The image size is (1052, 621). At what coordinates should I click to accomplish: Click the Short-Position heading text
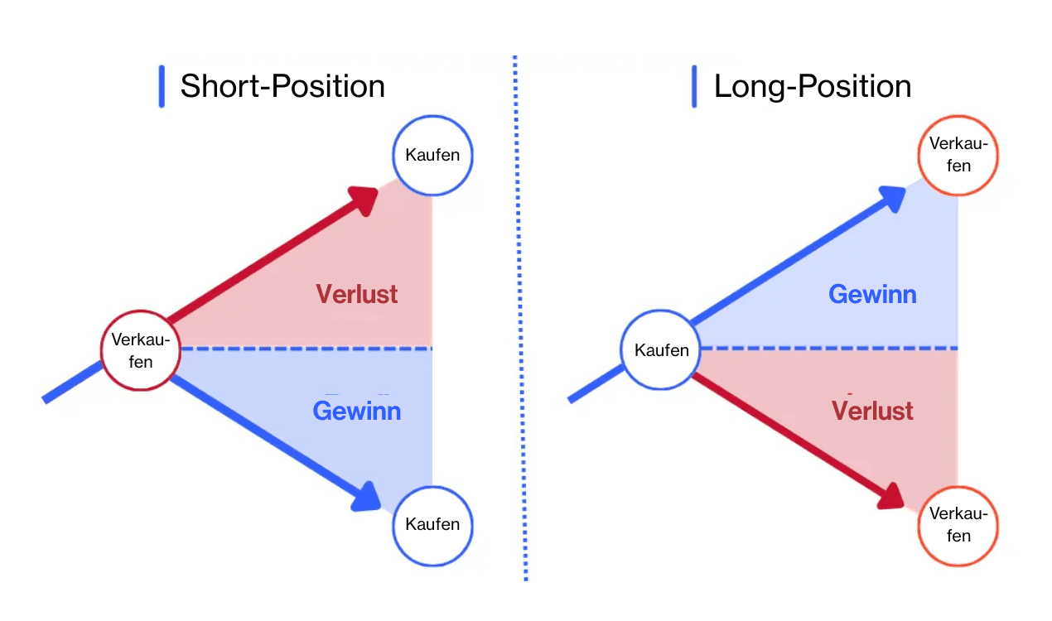click(282, 86)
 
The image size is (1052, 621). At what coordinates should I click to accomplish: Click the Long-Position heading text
click(812, 86)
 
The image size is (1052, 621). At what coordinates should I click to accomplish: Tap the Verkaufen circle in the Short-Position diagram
click(140, 350)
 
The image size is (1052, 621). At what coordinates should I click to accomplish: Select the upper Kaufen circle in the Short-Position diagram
click(432, 155)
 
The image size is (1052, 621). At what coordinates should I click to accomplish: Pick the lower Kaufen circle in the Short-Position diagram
click(432, 524)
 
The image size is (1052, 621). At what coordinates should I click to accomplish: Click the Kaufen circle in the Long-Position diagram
click(661, 350)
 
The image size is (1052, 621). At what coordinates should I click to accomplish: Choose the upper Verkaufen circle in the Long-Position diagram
click(958, 155)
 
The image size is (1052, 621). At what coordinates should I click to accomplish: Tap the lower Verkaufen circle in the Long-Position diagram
click(958, 525)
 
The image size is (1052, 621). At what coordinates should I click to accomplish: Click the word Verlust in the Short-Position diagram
click(357, 294)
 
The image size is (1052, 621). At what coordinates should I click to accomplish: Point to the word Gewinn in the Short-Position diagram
click(357, 411)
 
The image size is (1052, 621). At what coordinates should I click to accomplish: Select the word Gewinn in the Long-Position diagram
click(872, 294)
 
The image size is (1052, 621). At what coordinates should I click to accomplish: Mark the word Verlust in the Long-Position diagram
click(872, 411)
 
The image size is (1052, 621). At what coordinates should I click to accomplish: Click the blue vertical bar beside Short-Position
click(162, 86)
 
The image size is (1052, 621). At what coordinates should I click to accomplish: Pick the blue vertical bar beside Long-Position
click(694, 86)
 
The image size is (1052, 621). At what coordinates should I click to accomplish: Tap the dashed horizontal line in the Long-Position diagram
click(828, 349)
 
